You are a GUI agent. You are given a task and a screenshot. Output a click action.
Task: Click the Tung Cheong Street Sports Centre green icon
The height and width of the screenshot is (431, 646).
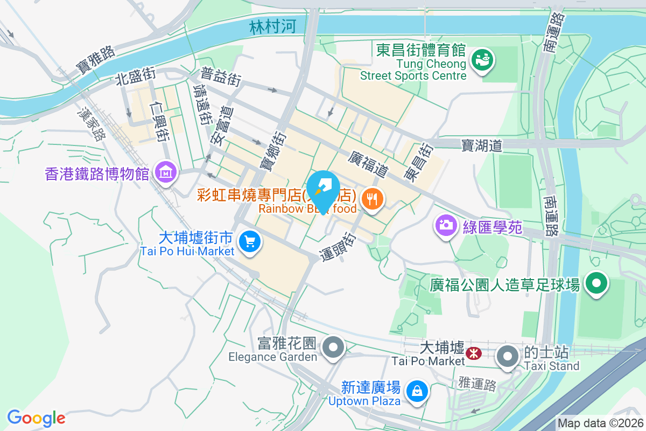click(x=481, y=60)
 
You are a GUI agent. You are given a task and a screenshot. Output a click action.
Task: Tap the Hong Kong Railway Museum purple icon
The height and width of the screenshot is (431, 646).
click(x=165, y=172)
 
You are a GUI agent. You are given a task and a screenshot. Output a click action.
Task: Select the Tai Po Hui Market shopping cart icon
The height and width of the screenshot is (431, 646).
click(x=249, y=242)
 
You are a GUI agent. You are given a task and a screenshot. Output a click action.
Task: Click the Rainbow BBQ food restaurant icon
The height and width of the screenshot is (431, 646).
click(x=372, y=199)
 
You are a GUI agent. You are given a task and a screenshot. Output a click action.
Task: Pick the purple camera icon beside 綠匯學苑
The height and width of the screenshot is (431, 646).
click(x=446, y=225)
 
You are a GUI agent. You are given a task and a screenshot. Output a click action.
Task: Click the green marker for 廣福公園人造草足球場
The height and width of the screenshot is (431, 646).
click(x=596, y=284)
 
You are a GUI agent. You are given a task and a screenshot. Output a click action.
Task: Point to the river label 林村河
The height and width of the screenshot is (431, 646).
click(x=272, y=27)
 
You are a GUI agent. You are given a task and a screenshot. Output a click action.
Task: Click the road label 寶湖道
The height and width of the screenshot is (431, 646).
click(x=481, y=145)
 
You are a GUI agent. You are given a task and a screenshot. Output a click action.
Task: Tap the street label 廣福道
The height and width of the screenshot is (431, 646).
click(x=368, y=164)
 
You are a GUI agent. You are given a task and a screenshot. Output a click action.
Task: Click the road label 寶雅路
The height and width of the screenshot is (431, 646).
click(x=96, y=60)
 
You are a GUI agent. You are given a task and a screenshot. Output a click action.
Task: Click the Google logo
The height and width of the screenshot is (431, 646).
click(x=36, y=418)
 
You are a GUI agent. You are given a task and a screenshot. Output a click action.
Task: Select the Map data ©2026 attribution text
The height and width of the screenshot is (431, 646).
click(x=600, y=423)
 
